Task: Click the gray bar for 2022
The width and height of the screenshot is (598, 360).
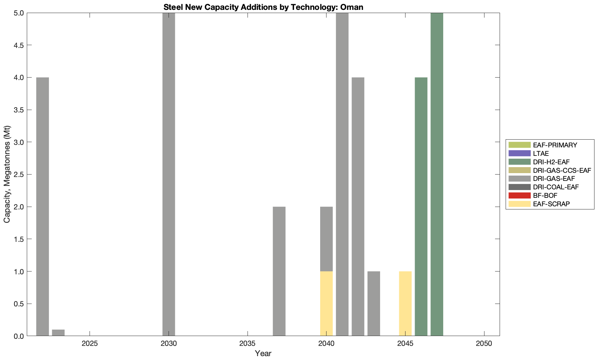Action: (x=43, y=206)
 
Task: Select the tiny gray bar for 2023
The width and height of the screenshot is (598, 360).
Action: (x=58, y=333)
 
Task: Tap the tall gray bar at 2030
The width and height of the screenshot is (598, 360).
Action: (x=169, y=174)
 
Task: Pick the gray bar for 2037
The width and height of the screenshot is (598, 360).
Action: (x=279, y=271)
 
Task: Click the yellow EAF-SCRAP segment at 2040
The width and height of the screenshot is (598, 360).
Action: (x=327, y=304)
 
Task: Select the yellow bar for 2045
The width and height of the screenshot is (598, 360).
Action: (x=405, y=304)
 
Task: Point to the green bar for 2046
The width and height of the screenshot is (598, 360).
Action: (x=421, y=206)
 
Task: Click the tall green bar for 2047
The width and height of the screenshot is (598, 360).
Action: (x=437, y=174)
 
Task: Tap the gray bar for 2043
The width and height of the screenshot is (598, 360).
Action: (x=374, y=304)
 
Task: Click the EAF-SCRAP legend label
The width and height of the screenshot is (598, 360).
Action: (x=551, y=204)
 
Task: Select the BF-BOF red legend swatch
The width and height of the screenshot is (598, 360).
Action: (x=519, y=195)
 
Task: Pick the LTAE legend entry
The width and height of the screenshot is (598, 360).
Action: (x=541, y=153)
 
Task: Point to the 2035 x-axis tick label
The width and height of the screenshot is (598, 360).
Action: (x=248, y=343)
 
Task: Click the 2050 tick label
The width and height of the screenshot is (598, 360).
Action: (x=484, y=343)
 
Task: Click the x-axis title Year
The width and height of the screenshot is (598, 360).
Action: (x=263, y=353)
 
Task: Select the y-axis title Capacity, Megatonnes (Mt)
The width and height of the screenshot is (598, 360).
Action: (x=7, y=174)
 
